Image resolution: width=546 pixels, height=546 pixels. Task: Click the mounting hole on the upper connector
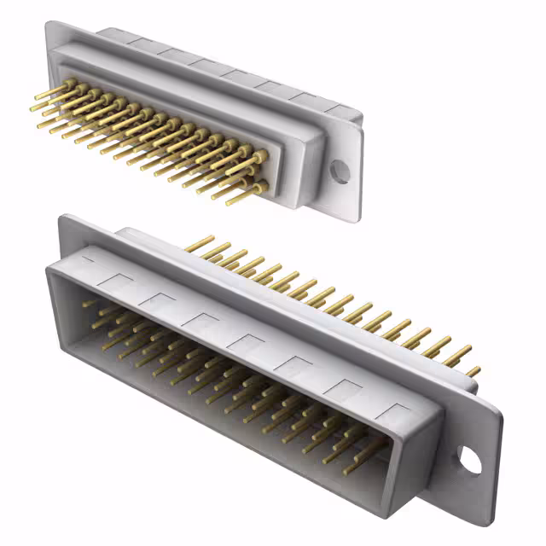340,171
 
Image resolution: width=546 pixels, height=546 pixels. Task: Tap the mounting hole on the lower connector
469,458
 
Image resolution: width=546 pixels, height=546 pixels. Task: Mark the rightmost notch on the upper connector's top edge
337,110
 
